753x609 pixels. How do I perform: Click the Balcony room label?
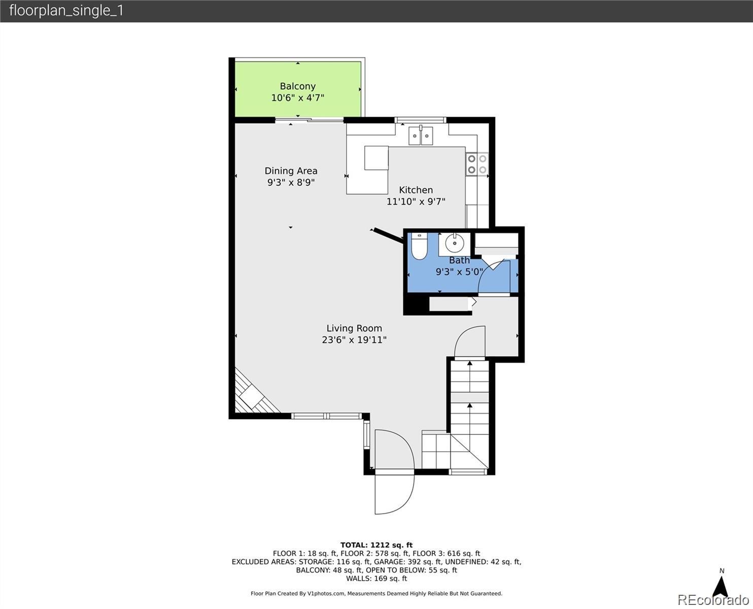pos(298,86)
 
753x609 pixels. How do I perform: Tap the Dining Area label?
pos(291,171)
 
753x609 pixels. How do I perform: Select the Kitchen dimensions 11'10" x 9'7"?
pos(416,201)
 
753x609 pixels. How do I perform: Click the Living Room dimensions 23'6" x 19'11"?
pos(354,340)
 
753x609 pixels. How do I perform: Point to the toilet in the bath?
pos(419,246)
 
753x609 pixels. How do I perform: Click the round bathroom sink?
pos(455,243)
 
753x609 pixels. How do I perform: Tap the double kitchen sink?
pos(421,136)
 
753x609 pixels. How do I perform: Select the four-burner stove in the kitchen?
pos(477,164)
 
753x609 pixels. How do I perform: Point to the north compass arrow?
pos(721,587)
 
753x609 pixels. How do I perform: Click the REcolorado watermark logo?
pos(713,600)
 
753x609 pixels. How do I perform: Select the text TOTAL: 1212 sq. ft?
pos(376,545)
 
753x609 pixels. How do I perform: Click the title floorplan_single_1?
pos(66,11)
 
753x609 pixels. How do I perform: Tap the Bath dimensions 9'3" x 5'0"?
pos(459,272)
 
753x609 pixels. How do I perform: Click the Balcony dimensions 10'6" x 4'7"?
pos(298,97)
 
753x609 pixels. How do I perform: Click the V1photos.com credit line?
pos(376,593)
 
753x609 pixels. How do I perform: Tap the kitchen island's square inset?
pos(376,158)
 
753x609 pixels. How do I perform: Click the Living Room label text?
pos(354,328)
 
